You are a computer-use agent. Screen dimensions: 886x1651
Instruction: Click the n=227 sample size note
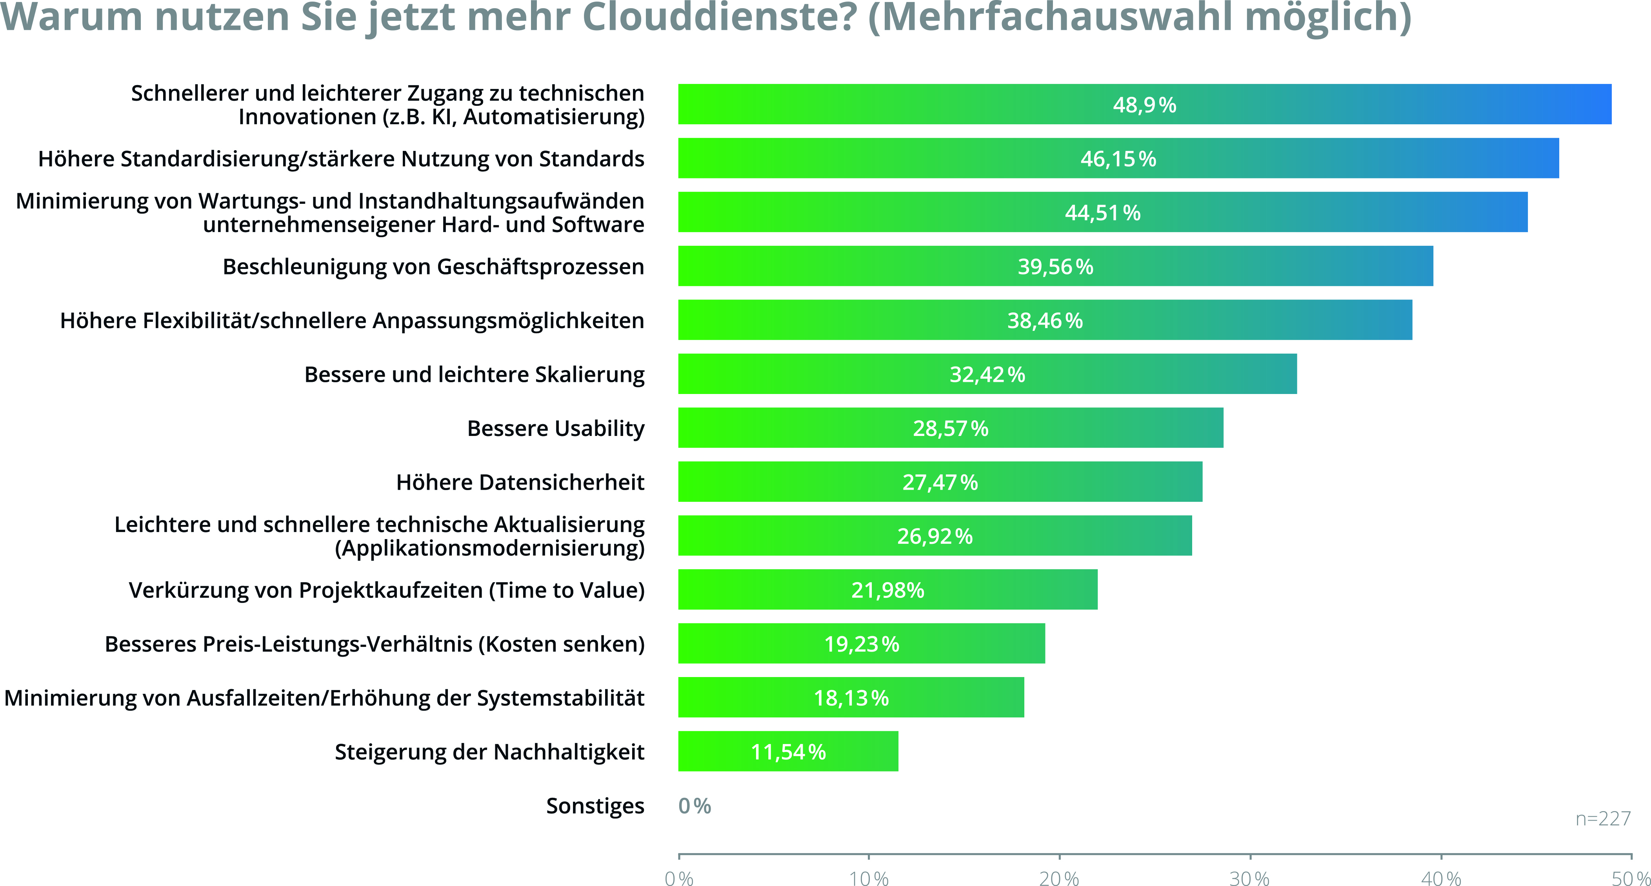[1603, 819]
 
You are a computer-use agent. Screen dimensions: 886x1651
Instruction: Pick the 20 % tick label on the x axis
[1059, 878]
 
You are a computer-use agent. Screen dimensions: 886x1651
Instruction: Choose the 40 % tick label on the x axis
[1441, 878]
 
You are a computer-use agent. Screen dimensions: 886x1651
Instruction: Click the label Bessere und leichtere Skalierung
[474, 375]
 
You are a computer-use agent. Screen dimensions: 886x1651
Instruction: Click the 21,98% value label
[888, 590]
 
